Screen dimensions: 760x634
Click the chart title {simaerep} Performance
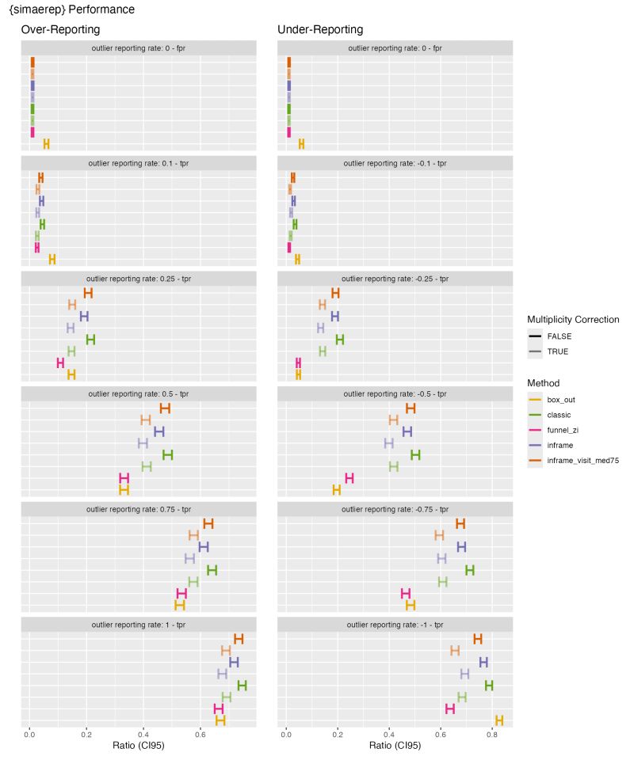coord(71,10)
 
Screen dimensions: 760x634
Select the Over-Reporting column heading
coord(60,29)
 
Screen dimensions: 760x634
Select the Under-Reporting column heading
coord(320,29)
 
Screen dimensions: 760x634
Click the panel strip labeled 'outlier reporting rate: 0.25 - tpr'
coord(138,279)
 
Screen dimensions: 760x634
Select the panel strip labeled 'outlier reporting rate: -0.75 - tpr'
coord(395,509)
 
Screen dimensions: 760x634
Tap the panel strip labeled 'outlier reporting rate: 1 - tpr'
coord(138,624)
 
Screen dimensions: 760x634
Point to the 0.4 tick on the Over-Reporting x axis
coord(143,734)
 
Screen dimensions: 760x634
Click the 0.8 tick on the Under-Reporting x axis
coord(492,734)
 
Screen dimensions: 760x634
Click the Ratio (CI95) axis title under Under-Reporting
coord(395,746)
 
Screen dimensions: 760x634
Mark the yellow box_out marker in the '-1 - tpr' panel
coord(499,720)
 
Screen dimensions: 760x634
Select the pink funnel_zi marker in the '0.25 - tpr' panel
coord(60,363)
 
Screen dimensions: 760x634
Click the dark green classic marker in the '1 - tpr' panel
coord(242,686)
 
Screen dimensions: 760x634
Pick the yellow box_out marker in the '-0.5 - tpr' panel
coord(336,490)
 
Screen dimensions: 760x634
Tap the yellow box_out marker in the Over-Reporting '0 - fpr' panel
coord(46,143)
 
